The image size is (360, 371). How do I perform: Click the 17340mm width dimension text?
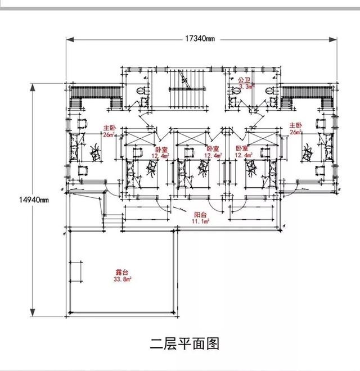(200, 39)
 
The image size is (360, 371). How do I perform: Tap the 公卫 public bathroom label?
(244, 80)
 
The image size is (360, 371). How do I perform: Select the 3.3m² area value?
(246, 87)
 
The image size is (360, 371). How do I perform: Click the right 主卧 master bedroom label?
(295, 125)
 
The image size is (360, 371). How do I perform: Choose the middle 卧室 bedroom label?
(213, 150)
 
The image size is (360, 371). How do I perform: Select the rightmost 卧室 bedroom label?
(242, 150)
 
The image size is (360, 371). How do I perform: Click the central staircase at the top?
(184, 90)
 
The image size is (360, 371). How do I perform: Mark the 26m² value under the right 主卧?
(295, 132)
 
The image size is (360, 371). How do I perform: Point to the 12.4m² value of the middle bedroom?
(213, 156)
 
